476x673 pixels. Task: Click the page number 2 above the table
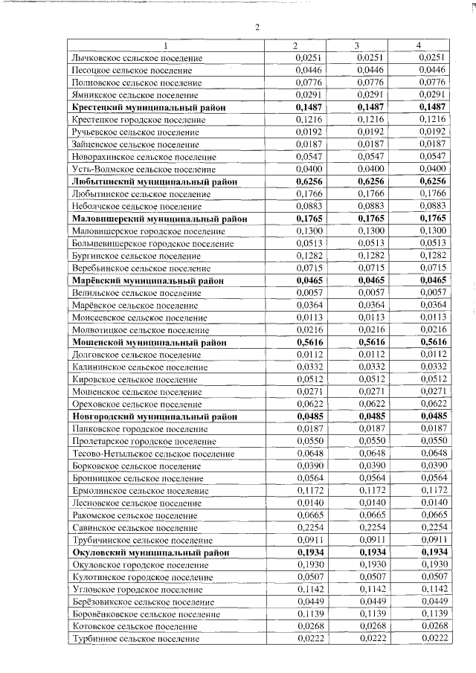(x=257, y=28)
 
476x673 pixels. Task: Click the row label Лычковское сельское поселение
(x=136, y=58)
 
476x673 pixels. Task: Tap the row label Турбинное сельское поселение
(x=135, y=639)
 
